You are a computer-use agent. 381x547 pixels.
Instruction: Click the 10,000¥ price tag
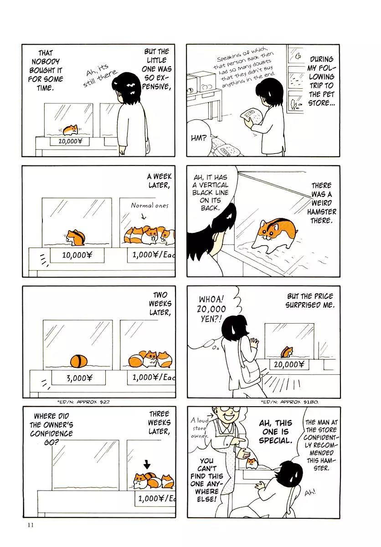click(77, 255)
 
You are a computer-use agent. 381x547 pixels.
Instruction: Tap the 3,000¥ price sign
click(78, 378)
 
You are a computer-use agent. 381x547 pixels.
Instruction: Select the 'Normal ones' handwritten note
click(149, 206)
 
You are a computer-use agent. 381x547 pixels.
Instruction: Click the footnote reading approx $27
click(83, 402)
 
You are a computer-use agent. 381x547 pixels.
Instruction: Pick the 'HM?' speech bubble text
click(199, 139)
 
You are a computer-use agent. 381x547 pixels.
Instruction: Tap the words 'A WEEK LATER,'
click(159, 181)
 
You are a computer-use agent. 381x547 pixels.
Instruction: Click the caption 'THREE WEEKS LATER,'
click(160, 423)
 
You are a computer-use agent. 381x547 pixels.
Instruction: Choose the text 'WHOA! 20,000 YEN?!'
click(211, 309)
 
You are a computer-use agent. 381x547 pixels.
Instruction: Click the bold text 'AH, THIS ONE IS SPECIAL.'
click(276, 432)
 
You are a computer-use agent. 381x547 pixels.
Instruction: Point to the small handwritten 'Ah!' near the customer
click(310, 493)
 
